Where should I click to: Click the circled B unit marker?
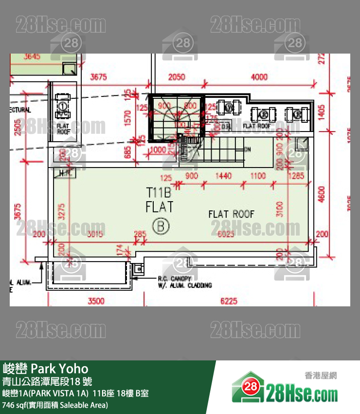pyautogui.click(x=160, y=226)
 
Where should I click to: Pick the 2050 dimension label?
pyautogui.click(x=177, y=77)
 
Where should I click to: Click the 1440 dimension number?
pyautogui.click(x=223, y=176)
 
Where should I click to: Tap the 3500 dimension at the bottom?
pyautogui.click(x=96, y=301)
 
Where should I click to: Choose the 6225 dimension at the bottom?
pyautogui.click(x=229, y=301)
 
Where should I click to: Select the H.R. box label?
pyautogui.click(x=64, y=172)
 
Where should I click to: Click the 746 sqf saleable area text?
pyautogui.click(x=55, y=405)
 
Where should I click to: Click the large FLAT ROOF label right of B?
pyautogui.click(x=231, y=214)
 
